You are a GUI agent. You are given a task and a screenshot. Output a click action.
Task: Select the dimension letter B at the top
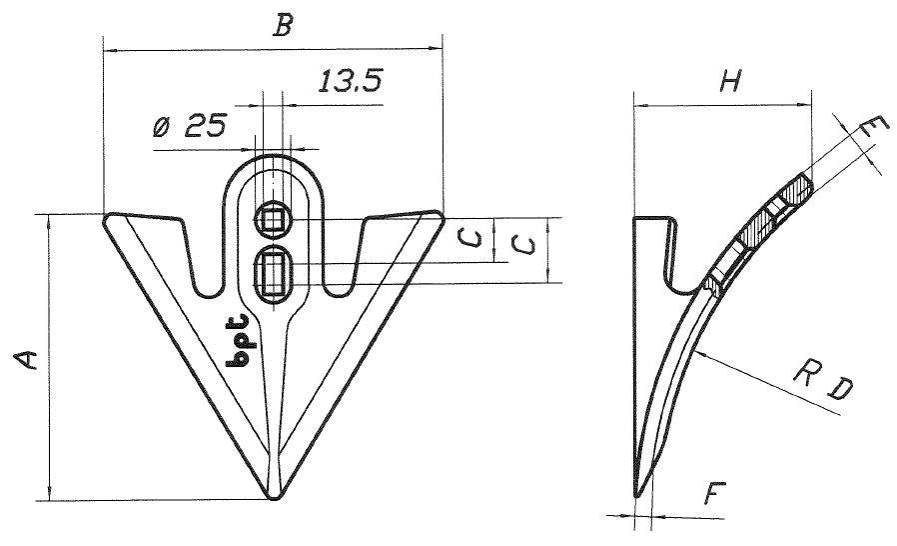pyautogui.click(x=283, y=26)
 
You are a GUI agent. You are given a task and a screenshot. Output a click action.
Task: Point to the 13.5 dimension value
pyautogui.click(x=350, y=81)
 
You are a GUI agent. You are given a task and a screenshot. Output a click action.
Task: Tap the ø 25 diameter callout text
pyautogui.click(x=190, y=125)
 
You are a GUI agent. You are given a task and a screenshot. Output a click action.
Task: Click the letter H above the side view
pyautogui.click(x=730, y=81)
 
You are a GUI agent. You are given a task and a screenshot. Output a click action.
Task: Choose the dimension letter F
pyautogui.click(x=714, y=493)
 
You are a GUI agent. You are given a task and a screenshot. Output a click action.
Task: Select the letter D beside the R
pyautogui.click(x=840, y=389)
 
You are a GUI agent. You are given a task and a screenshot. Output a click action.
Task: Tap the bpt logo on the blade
pyautogui.click(x=239, y=340)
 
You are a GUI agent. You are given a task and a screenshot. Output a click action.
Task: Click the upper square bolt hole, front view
pyautogui.click(x=273, y=220)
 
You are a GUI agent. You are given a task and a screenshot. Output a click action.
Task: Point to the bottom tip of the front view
pyautogui.click(x=274, y=498)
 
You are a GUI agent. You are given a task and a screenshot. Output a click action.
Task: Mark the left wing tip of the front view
pyautogui.click(x=107, y=219)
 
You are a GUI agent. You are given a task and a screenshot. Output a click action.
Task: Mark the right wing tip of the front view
pyautogui.click(x=440, y=217)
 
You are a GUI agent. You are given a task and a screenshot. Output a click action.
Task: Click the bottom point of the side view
pyautogui.click(x=636, y=496)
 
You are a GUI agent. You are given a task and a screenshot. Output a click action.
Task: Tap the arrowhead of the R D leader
pyautogui.click(x=702, y=354)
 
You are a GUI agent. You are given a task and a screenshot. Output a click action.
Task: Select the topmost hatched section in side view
pyautogui.click(x=796, y=190)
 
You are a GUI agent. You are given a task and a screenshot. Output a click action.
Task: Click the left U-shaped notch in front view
pyautogui.click(x=203, y=258)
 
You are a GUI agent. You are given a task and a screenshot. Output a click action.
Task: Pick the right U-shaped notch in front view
pyautogui.click(x=345, y=258)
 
